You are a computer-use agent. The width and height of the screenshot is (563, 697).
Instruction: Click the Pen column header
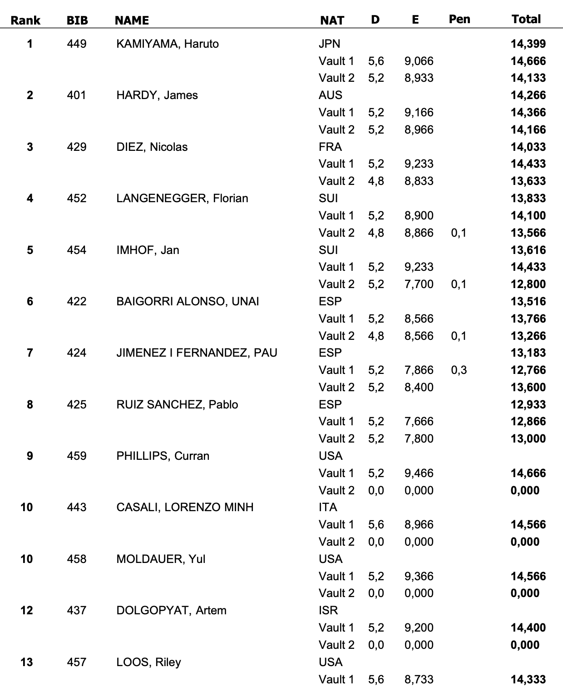(x=459, y=19)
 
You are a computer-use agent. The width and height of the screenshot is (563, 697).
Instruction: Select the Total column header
(x=526, y=19)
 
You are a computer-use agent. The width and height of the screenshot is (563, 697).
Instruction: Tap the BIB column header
(x=77, y=20)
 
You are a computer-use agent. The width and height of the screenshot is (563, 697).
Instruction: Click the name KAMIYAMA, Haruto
(x=168, y=44)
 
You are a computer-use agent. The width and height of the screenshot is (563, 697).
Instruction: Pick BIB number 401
(x=76, y=95)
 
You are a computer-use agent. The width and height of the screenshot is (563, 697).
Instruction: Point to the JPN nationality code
(x=329, y=44)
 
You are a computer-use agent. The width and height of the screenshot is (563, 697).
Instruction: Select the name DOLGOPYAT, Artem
(x=171, y=610)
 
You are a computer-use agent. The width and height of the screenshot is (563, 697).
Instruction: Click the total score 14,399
(x=528, y=44)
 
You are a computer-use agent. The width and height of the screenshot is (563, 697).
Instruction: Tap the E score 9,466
(x=419, y=473)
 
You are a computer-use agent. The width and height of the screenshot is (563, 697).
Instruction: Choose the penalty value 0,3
(x=459, y=370)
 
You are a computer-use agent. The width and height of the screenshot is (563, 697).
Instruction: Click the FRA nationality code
(x=330, y=147)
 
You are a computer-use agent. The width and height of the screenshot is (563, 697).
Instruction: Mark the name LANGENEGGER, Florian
(x=182, y=199)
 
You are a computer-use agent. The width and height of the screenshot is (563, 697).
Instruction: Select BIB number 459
(x=76, y=456)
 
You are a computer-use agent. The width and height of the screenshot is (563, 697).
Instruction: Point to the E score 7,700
(x=419, y=284)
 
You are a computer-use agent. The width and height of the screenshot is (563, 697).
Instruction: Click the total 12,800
(x=528, y=284)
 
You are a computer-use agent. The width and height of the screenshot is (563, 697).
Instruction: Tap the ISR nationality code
(x=328, y=610)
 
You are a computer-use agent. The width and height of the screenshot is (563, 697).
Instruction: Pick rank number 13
(x=27, y=662)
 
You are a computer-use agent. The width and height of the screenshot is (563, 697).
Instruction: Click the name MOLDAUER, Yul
(x=161, y=559)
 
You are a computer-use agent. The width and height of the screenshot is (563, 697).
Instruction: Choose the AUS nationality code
(x=330, y=95)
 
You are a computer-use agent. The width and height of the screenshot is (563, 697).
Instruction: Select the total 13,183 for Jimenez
(x=528, y=353)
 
